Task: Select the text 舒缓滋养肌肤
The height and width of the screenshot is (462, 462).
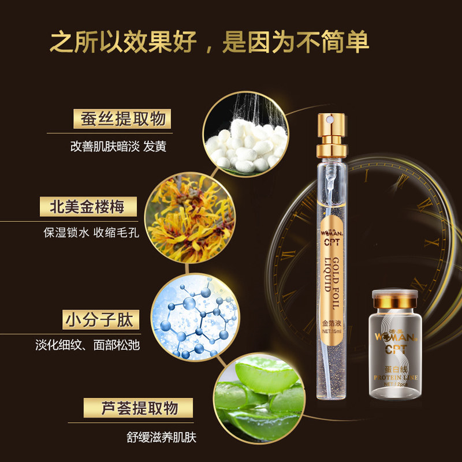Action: pyautogui.click(x=161, y=437)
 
